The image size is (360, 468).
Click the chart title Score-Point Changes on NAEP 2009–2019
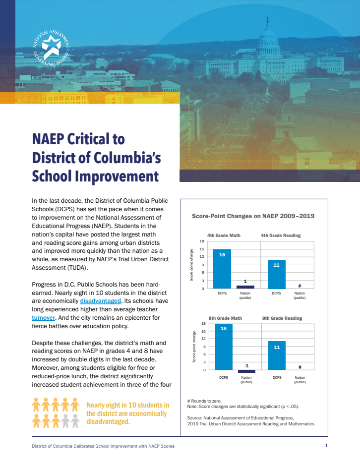click(253, 216)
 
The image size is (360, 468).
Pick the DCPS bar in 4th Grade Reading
click(276, 274)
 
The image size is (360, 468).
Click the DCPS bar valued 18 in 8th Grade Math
click(224, 347)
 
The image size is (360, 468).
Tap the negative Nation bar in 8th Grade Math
click(246, 371)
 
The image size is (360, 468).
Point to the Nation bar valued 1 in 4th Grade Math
click(245, 287)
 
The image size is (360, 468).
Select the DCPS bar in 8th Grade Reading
click(277, 355)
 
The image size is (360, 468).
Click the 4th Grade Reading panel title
click(281, 235)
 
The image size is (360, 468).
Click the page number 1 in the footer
click(326, 446)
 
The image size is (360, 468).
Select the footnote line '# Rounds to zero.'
click(204, 401)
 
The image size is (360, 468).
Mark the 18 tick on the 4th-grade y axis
click(201, 241)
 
